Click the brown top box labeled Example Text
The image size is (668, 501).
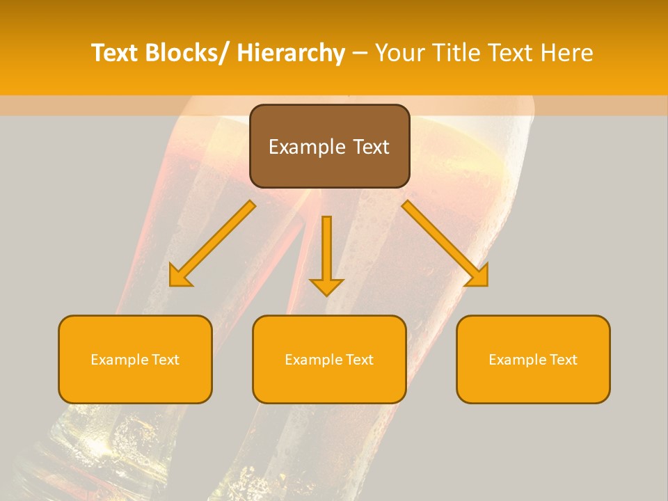tap(329, 146)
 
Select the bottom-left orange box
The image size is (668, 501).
tap(135, 359)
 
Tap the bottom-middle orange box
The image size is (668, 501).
tap(329, 359)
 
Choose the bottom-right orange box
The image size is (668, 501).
tap(533, 359)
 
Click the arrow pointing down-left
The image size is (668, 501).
tap(212, 244)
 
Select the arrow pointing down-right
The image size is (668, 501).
tap(445, 244)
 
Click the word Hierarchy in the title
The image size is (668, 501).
tap(290, 53)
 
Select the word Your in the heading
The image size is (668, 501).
tap(399, 53)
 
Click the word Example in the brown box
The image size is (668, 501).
tap(306, 147)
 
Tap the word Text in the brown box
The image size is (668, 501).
tap(371, 147)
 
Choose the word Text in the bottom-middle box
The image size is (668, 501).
tap(358, 360)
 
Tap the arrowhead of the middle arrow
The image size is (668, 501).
tap(327, 287)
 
